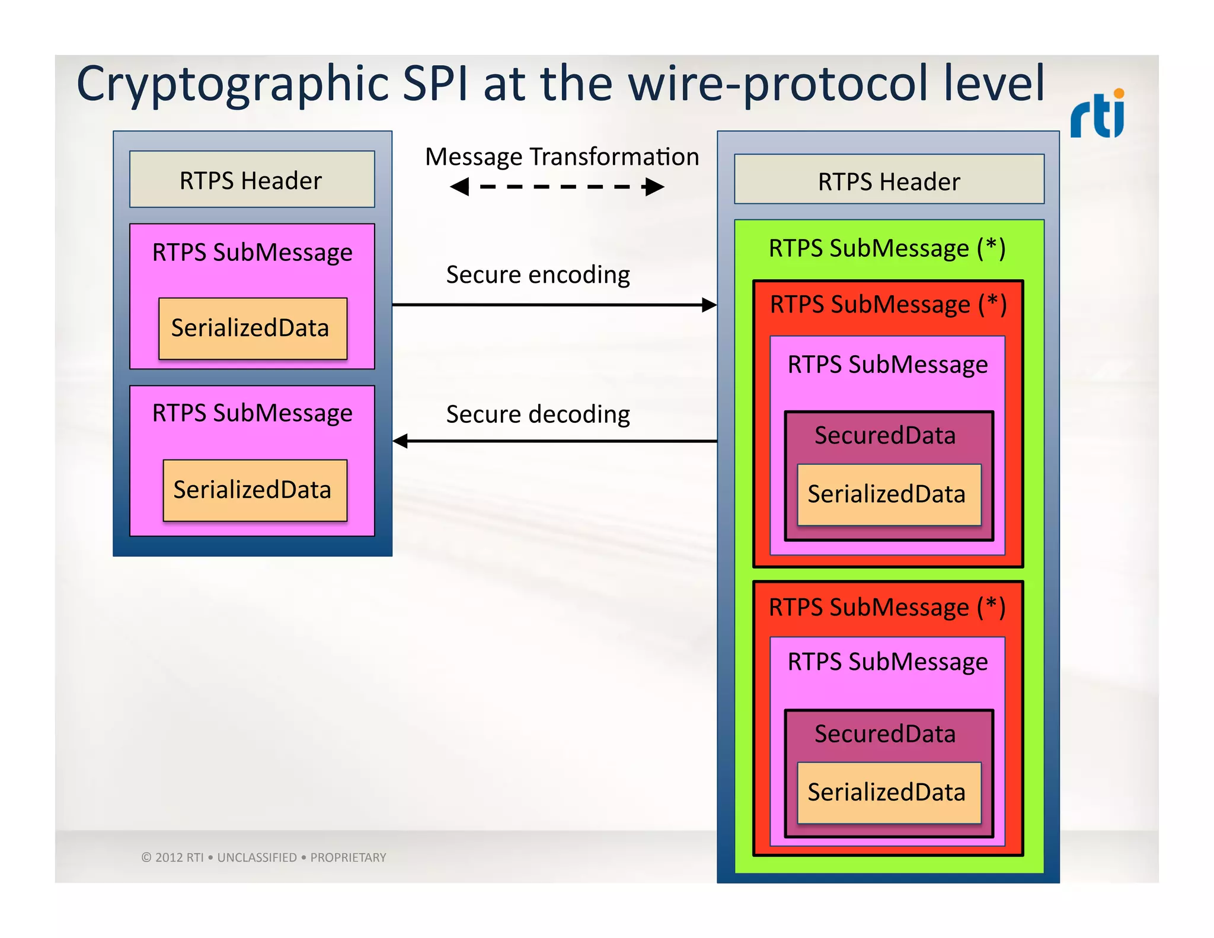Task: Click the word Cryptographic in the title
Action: coord(231,84)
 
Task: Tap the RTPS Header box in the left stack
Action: coord(251,180)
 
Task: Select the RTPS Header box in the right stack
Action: coord(889,180)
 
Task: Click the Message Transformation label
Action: coord(561,157)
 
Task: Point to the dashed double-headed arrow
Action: coord(557,187)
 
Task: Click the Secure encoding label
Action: coord(538,275)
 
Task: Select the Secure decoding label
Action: coord(538,414)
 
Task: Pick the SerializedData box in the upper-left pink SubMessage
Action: coord(253,328)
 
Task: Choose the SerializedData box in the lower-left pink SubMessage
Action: coord(255,490)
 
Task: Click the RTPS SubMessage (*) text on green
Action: coord(887,248)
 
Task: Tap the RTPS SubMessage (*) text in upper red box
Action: coord(888,304)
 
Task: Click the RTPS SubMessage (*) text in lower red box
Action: coord(887,607)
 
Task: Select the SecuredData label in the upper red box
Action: coord(885,435)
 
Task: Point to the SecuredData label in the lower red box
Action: coord(885,734)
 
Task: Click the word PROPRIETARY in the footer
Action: coord(348,857)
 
